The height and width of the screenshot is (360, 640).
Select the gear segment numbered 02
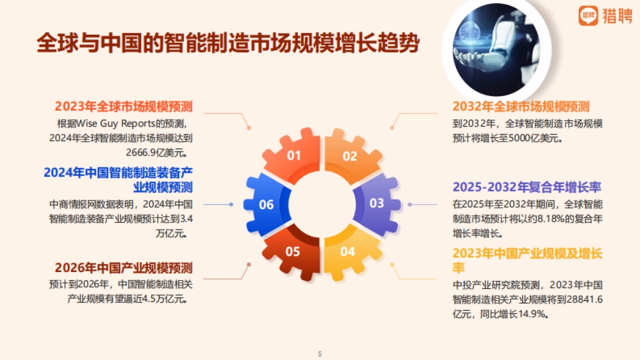(x=349, y=156)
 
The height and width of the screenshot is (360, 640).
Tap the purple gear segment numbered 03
(x=377, y=203)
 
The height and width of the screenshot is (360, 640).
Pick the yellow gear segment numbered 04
(x=348, y=251)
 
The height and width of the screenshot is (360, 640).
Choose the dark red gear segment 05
(x=293, y=251)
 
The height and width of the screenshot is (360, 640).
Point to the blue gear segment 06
(x=266, y=204)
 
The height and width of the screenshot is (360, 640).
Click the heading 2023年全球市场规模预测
(x=123, y=106)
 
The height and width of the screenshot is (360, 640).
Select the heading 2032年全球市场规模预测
(x=521, y=106)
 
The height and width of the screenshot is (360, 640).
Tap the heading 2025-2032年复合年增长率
(x=527, y=187)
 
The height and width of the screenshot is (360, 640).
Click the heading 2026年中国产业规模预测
(x=123, y=267)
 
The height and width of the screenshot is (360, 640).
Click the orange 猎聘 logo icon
(x=588, y=16)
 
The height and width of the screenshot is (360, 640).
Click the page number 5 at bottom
(x=320, y=354)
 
